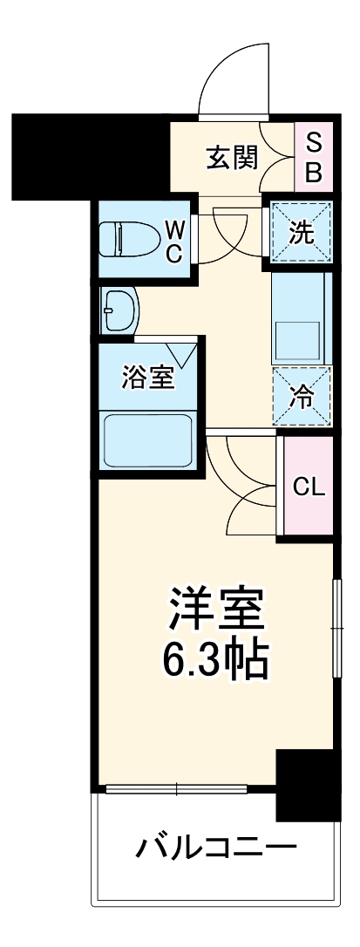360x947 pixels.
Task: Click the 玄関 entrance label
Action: (231, 158)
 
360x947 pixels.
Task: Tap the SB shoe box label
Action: (314, 158)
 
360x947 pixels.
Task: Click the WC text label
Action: (175, 242)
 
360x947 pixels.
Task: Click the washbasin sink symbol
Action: (119, 308)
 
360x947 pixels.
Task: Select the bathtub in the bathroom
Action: (147, 441)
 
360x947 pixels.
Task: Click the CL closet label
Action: (308, 487)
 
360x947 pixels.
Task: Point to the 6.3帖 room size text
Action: (214, 660)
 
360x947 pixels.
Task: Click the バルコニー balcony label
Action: (215, 847)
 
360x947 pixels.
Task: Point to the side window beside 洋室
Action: (335, 626)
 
